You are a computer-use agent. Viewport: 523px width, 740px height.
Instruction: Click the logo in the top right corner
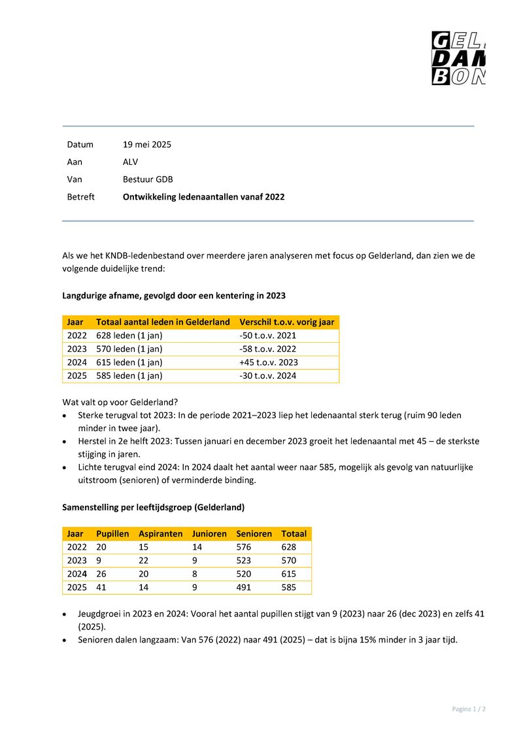coord(458,58)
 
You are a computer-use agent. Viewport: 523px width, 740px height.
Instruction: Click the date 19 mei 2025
coord(146,145)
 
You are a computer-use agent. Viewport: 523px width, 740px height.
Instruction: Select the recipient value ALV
coord(130,162)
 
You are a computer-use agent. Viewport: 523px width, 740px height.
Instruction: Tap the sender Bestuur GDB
coord(148,179)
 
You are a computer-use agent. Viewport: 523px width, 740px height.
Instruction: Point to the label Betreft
coord(80,196)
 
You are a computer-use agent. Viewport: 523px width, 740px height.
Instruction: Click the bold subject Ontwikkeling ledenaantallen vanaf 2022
coord(203,196)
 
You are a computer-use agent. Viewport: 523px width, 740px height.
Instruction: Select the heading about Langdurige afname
coord(174,296)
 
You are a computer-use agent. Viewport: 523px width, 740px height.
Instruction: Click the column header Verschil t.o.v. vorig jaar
coord(287,322)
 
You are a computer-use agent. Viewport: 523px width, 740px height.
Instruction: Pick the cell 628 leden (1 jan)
coord(129,336)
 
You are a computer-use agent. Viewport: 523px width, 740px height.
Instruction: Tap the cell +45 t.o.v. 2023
coord(268,362)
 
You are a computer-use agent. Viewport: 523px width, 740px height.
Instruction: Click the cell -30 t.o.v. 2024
coord(268,376)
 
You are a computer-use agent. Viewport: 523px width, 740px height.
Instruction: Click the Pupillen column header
coord(112,534)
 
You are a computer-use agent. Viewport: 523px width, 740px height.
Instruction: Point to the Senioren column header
coord(254,534)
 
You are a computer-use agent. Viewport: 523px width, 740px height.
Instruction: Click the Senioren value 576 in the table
coord(244,547)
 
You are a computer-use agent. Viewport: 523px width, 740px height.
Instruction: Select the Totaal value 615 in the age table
coord(288,574)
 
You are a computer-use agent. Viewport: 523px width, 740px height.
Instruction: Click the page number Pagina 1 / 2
coord(468,709)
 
